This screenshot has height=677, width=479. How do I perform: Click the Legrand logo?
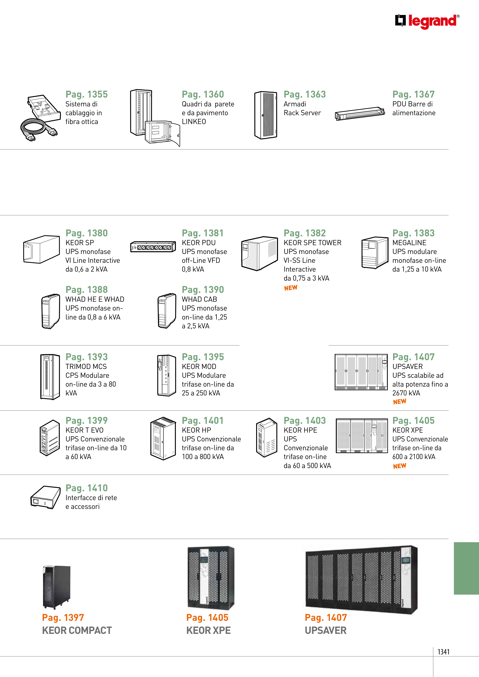pyautogui.click(x=427, y=21)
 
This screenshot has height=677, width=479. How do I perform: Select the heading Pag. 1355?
pyautogui.click(x=87, y=94)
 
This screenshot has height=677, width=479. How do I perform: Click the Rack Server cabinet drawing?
pyautogui.click(x=266, y=115)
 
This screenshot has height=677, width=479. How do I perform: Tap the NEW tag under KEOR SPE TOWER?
pyautogui.click(x=291, y=288)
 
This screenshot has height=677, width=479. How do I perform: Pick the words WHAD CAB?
pyautogui.click(x=200, y=299)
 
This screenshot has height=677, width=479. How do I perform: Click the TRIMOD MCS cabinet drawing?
pyautogui.click(x=50, y=377)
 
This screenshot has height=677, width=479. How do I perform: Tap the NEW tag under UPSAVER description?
pyautogui.click(x=400, y=402)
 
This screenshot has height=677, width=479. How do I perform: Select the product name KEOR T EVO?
pyautogui.click(x=84, y=430)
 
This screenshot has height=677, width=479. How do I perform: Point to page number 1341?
pyautogui.click(x=443, y=652)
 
